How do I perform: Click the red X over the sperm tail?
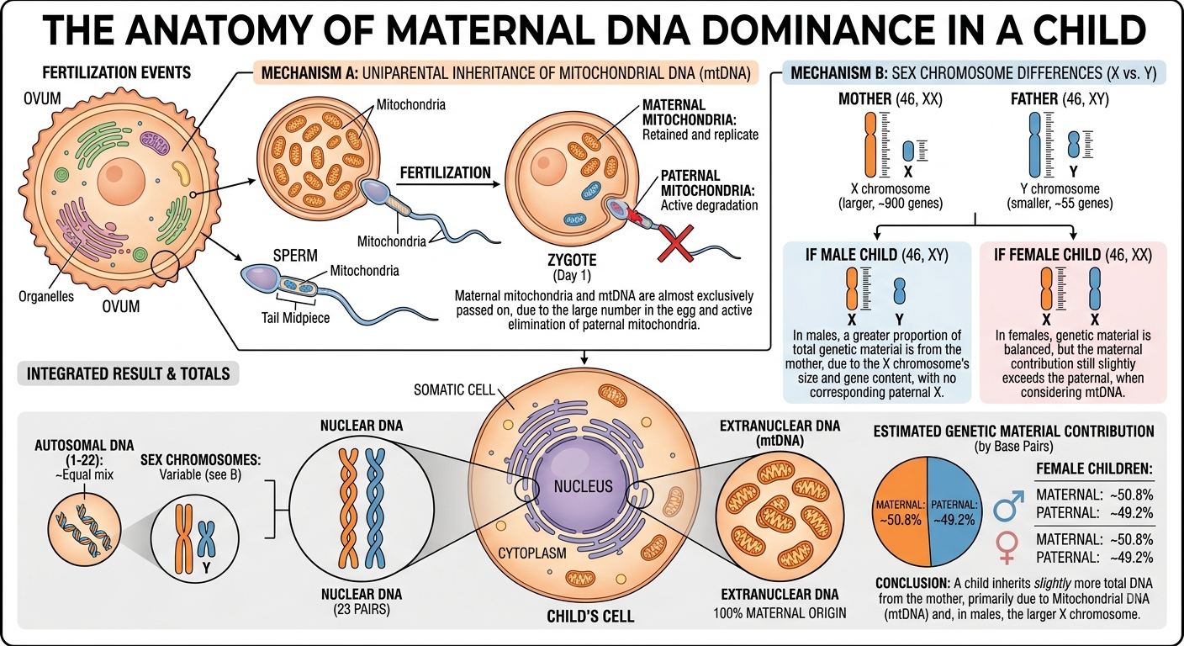(x=675, y=242)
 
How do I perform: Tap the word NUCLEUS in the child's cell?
(x=583, y=486)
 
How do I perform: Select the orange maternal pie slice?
(x=900, y=510)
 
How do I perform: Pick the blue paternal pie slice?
(x=954, y=510)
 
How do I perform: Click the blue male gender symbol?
(x=1009, y=505)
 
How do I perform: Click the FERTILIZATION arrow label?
(x=445, y=173)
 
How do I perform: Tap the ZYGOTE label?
(x=572, y=260)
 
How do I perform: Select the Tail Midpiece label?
(x=295, y=318)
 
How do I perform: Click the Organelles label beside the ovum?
(x=46, y=296)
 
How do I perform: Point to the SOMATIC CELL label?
(x=454, y=390)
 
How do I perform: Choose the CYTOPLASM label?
(x=532, y=553)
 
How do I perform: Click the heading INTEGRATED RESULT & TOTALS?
(x=129, y=373)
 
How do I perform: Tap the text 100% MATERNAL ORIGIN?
(x=780, y=613)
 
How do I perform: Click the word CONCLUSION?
(x=914, y=583)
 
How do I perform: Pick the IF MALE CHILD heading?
(x=877, y=255)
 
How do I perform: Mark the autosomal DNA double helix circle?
(x=85, y=530)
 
